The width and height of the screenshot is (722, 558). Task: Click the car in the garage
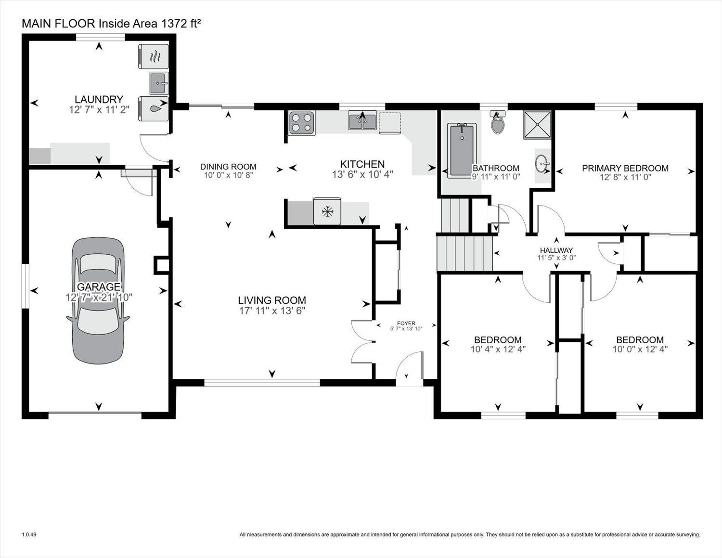click(98, 300)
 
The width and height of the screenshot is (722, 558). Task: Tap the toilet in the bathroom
click(497, 123)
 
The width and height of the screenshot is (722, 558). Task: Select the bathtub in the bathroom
click(462, 151)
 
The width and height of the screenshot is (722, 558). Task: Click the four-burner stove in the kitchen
click(302, 123)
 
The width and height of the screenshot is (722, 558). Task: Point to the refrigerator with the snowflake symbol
click(327, 211)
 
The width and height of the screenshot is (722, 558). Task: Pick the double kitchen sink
click(362, 120)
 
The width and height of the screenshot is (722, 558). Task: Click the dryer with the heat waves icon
click(154, 56)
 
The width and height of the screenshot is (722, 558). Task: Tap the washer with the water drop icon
click(154, 109)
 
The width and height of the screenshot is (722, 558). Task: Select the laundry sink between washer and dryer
click(159, 83)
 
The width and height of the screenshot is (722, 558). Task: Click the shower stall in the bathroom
click(537, 125)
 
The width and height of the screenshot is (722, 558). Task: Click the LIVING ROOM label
click(272, 300)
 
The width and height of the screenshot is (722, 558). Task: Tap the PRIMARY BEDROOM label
click(625, 168)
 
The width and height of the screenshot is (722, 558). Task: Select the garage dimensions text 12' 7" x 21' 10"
click(99, 297)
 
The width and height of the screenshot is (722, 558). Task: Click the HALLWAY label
click(556, 250)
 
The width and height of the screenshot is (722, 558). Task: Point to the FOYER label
click(406, 323)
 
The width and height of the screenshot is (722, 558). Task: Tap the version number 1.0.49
click(29, 535)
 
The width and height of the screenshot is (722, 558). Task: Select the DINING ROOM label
click(228, 167)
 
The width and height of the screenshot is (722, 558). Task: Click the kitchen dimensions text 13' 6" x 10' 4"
click(362, 174)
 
